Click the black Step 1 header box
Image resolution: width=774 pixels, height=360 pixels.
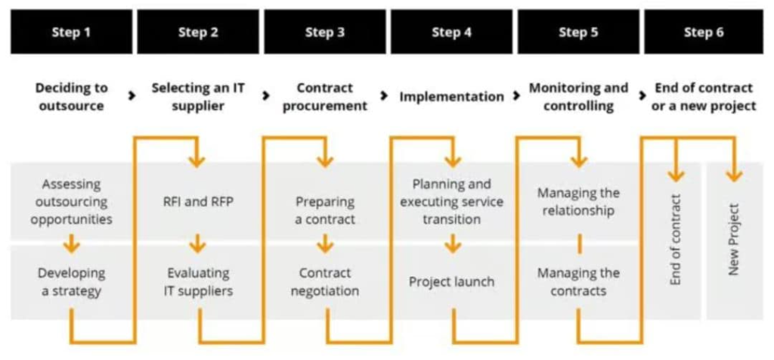[71, 32]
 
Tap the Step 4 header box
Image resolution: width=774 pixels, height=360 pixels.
[451, 32]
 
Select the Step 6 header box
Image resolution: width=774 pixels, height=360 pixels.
[704, 32]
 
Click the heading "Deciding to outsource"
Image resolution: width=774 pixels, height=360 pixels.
[71, 97]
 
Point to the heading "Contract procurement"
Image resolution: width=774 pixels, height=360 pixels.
[325, 97]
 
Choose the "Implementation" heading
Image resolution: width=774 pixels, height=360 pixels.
[451, 97]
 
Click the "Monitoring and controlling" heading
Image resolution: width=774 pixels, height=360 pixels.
[578, 97]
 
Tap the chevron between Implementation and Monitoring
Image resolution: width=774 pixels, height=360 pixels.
[517, 96]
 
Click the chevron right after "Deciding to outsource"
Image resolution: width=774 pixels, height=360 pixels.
[133, 96]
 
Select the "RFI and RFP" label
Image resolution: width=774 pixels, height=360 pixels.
[198, 201]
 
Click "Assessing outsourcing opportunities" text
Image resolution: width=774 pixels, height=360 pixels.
[71, 201]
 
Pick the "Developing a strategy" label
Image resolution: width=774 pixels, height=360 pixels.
[71, 281]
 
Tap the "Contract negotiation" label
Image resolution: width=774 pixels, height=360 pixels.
[325, 281]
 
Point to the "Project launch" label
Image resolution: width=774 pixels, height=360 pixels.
[451, 281]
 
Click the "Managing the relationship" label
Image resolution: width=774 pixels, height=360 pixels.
[578, 201]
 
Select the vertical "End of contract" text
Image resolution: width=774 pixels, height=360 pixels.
[676, 240]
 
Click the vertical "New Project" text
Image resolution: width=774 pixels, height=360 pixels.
[732, 240]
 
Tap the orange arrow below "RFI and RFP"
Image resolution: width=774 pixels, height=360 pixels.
[198, 244]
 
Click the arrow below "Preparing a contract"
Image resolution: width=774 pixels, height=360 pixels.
[325, 244]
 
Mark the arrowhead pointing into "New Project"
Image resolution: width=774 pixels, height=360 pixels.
[732, 175]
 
